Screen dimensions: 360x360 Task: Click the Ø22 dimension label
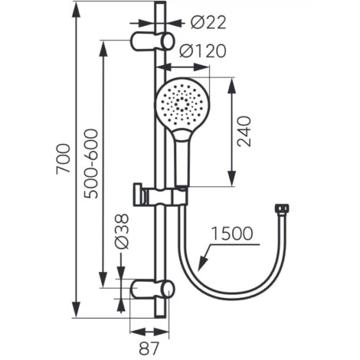pos(208,23)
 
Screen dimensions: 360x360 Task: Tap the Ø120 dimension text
pos(203,51)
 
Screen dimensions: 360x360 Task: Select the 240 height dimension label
pos(244,132)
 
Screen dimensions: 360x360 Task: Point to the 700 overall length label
pos(64,159)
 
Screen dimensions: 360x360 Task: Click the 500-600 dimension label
pos(91,164)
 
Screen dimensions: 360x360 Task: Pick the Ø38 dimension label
pos(122,231)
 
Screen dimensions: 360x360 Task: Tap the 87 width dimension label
pos(149,348)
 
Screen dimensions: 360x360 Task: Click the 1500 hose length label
pos(232,234)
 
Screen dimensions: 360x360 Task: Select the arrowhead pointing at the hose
pos(204,263)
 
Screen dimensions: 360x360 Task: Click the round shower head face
pos(182,105)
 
